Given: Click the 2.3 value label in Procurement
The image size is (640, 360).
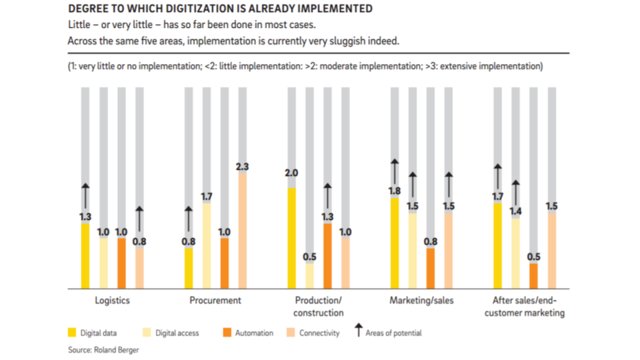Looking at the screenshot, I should [243, 167].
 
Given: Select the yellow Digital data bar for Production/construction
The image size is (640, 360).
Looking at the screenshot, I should [291, 237].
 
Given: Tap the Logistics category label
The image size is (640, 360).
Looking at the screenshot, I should [112, 301].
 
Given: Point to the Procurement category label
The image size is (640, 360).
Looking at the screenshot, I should [215, 301].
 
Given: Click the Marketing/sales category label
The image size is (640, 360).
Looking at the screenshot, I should [421, 301].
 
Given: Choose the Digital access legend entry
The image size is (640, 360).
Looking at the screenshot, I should [177, 333].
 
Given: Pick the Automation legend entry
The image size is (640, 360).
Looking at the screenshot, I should [253, 333].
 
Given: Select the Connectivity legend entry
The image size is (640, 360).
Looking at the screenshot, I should [319, 333].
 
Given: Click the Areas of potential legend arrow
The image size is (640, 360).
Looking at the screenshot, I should [358, 330].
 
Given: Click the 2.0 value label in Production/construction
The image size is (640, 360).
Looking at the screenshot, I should [291, 173].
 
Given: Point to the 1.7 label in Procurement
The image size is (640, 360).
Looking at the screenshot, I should [207, 197].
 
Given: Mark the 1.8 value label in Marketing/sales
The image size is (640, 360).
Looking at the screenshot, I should [395, 191].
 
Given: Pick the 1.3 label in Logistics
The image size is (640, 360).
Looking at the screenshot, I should [85, 217].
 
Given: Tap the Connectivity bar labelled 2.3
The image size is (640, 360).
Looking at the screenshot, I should [243, 230].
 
